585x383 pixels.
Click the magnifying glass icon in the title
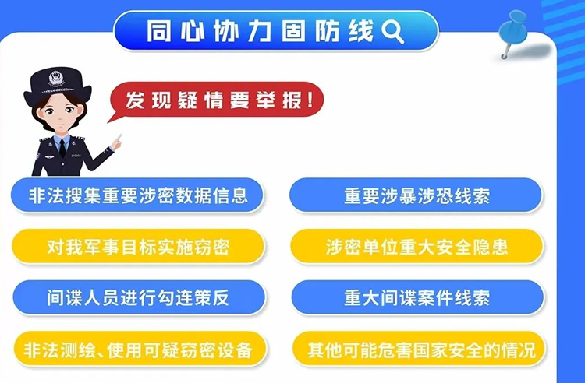pyautogui.click(x=392, y=31)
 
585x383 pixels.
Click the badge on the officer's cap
pyautogui.click(x=56, y=79)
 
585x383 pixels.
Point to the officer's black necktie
pyautogui.click(x=62, y=148)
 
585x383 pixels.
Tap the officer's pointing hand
pyautogui.click(x=116, y=142)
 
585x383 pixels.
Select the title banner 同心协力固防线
pyautogui.click(x=276, y=30)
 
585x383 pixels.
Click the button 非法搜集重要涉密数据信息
pyautogui.click(x=137, y=195)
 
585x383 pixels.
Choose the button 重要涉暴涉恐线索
pyautogui.click(x=416, y=195)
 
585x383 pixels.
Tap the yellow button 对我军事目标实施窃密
pyautogui.click(x=138, y=247)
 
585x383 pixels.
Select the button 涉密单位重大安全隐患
pyautogui.click(x=417, y=247)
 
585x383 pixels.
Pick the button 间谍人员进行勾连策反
pyautogui.click(x=139, y=298)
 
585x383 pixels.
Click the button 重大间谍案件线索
pyautogui.click(x=417, y=298)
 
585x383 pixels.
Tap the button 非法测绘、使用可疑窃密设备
pyautogui.click(x=140, y=349)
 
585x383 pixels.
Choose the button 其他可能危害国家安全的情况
pyautogui.click(x=419, y=349)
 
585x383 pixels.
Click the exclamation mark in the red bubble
pyautogui.click(x=310, y=100)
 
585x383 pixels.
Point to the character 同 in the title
pyautogui.click(x=158, y=31)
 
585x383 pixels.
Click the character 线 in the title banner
pyautogui.click(x=361, y=31)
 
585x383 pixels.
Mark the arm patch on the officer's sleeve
pyautogui.click(x=37, y=153)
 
